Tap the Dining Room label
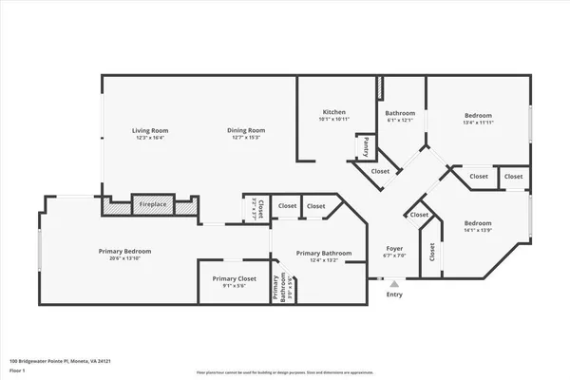tap(245, 130)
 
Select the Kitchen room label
tap(332, 112)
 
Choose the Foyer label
tap(394, 248)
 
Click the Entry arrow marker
tap(394, 282)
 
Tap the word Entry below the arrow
tap(394, 294)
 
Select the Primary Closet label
tap(233, 278)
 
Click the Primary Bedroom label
tap(124, 251)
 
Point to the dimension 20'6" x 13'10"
tap(124, 258)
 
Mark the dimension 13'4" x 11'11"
tap(479, 121)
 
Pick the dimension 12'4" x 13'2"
tap(323, 261)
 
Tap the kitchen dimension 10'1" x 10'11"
tap(332, 120)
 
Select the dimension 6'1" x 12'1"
tap(400, 121)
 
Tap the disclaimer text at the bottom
tap(284, 372)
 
